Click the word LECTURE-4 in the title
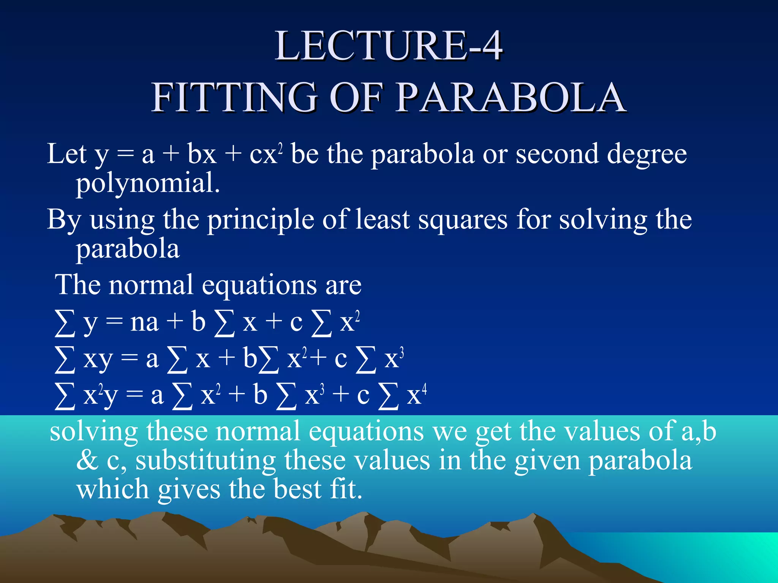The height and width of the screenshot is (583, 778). [x=389, y=46]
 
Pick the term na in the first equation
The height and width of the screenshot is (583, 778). [x=144, y=323]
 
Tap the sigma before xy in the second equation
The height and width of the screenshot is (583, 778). [x=65, y=359]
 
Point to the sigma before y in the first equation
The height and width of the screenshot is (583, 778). [x=65, y=323]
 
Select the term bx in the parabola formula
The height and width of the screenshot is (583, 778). [x=201, y=154]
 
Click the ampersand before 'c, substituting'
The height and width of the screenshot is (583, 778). [x=87, y=460]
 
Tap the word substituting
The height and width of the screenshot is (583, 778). [x=206, y=460]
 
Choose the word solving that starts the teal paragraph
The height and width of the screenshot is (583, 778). [x=94, y=432]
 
